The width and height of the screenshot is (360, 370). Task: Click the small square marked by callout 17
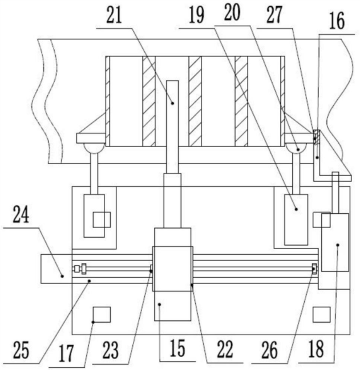[x=102, y=314]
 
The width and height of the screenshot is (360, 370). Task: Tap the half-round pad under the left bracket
[x=93, y=148]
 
